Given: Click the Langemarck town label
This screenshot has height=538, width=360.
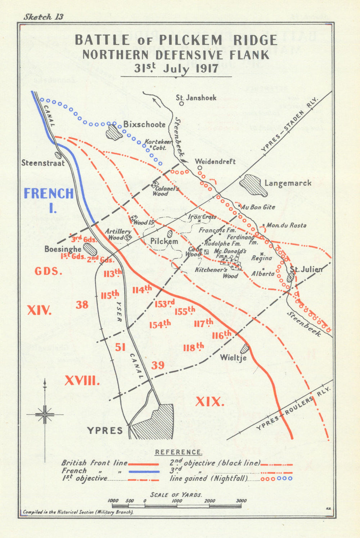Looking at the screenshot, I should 288,183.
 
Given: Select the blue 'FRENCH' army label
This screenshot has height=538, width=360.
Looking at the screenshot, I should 49,194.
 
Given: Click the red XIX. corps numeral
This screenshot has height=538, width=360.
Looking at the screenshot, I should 210,401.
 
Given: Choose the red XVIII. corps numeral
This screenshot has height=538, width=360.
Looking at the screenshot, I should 82,381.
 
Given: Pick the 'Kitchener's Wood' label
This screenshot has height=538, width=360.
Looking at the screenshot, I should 216,273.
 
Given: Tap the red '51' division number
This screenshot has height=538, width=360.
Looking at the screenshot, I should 120,347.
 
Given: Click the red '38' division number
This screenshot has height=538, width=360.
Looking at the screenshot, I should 82,305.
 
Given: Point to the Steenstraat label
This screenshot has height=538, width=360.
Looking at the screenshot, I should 43,163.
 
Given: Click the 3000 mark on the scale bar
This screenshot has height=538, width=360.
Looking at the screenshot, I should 241,501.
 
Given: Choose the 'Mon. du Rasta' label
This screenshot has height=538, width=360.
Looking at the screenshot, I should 286,225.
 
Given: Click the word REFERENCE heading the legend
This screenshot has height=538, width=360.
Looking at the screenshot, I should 179,452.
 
